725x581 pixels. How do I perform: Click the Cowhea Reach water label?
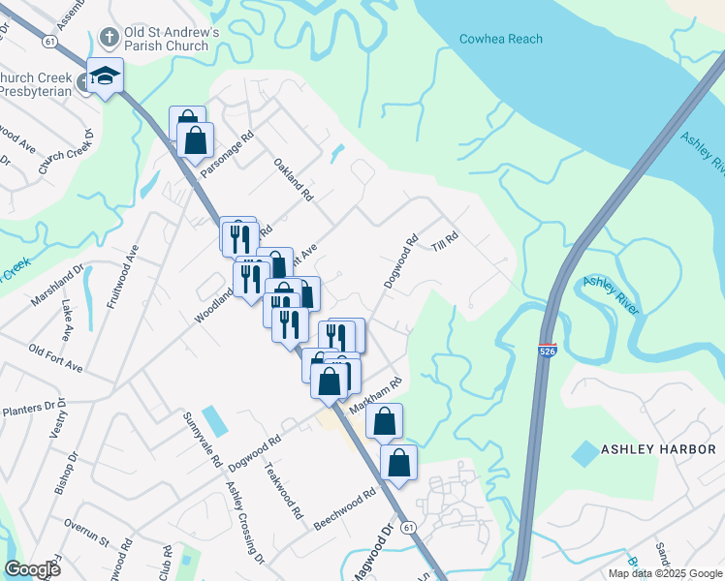point(500,39)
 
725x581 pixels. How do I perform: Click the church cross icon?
point(110,38)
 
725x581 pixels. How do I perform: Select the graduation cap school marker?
point(104,75)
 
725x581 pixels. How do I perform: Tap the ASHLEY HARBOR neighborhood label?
point(658,449)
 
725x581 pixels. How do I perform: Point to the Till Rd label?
point(445,242)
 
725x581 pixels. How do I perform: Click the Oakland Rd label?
point(294,179)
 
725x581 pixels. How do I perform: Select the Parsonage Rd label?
point(225,152)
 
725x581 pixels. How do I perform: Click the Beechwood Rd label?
point(345,510)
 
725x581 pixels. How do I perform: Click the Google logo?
point(32,569)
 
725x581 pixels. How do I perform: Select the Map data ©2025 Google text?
point(666,573)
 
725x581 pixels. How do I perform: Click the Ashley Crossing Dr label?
point(245,524)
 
